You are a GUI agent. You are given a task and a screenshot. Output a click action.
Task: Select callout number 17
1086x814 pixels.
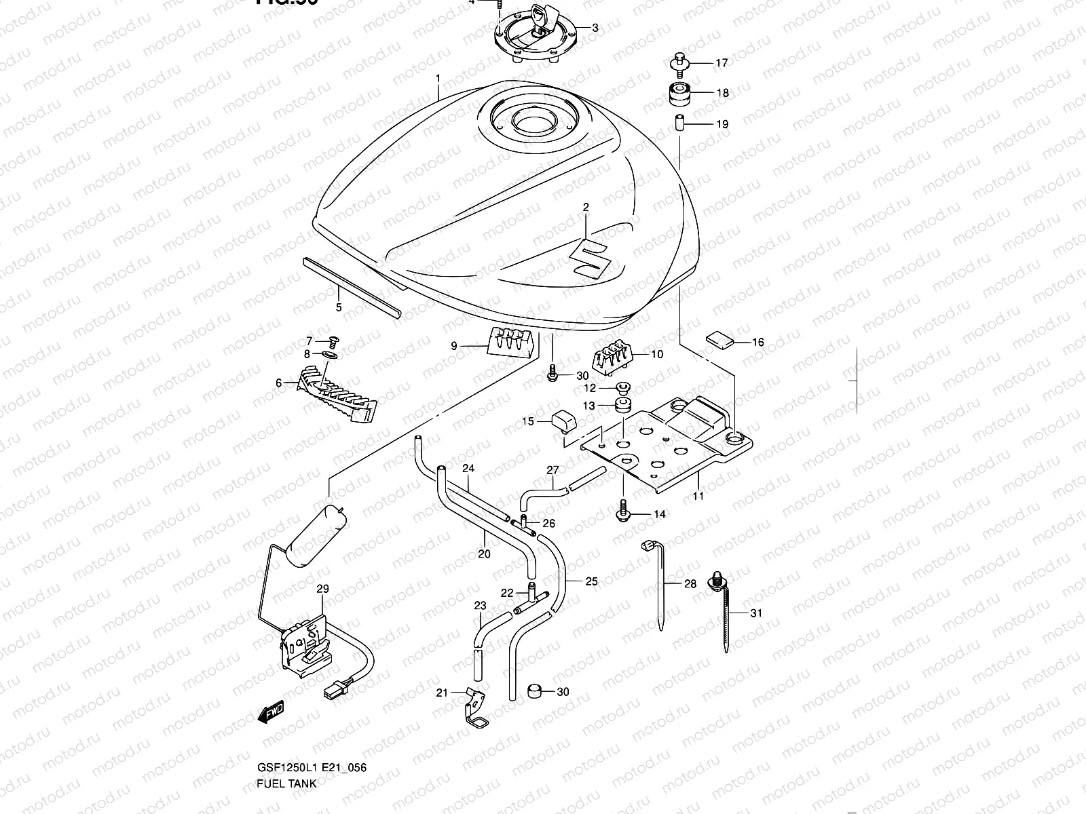pyautogui.click(x=721, y=63)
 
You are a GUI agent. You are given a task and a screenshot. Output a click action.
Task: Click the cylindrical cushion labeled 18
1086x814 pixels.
pyautogui.click(x=678, y=94)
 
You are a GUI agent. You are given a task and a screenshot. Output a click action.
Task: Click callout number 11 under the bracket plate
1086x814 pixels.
pyautogui.click(x=698, y=496)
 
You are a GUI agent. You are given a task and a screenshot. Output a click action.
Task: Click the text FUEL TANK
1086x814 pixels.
pyautogui.click(x=285, y=783)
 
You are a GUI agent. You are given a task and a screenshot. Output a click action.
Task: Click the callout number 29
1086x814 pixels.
pyautogui.click(x=322, y=589)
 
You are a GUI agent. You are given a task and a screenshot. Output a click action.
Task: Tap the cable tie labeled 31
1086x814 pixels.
pyautogui.click(x=726, y=614)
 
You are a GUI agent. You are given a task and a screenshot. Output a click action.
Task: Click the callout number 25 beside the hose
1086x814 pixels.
pyautogui.click(x=591, y=581)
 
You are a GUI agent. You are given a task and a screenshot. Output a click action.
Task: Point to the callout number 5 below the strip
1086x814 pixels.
pyautogui.click(x=338, y=307)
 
